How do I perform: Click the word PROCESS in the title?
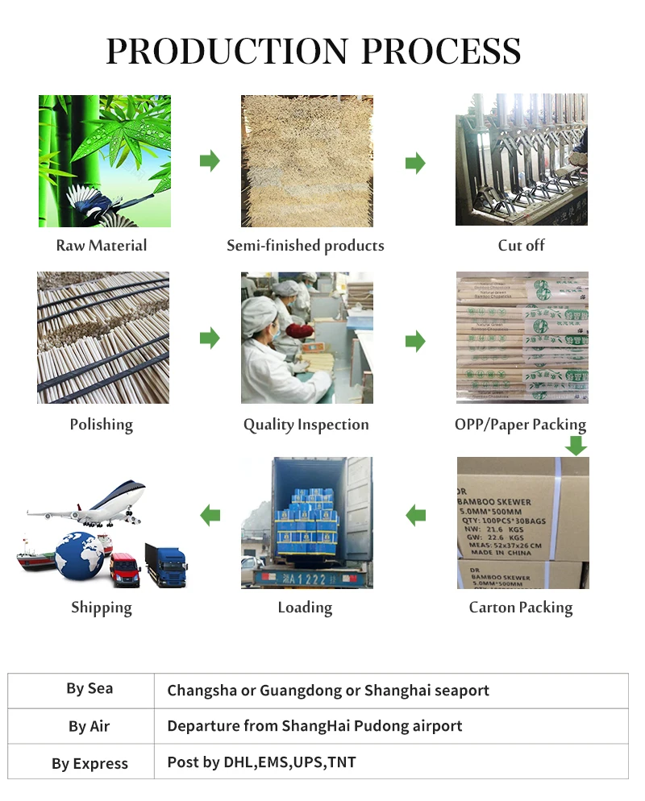441,52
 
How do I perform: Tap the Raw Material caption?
102,245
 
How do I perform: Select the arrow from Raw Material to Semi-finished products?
210,160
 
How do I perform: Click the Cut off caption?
521,245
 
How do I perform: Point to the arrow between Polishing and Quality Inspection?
210,338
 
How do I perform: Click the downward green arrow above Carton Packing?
576,445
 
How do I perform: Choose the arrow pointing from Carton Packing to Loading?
415,514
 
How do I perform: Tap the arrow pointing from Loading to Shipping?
210,514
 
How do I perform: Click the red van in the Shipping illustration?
124,569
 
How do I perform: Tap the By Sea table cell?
89,689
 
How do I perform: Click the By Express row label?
89,763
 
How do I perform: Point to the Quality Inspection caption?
306,425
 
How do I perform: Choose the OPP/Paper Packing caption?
520,425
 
